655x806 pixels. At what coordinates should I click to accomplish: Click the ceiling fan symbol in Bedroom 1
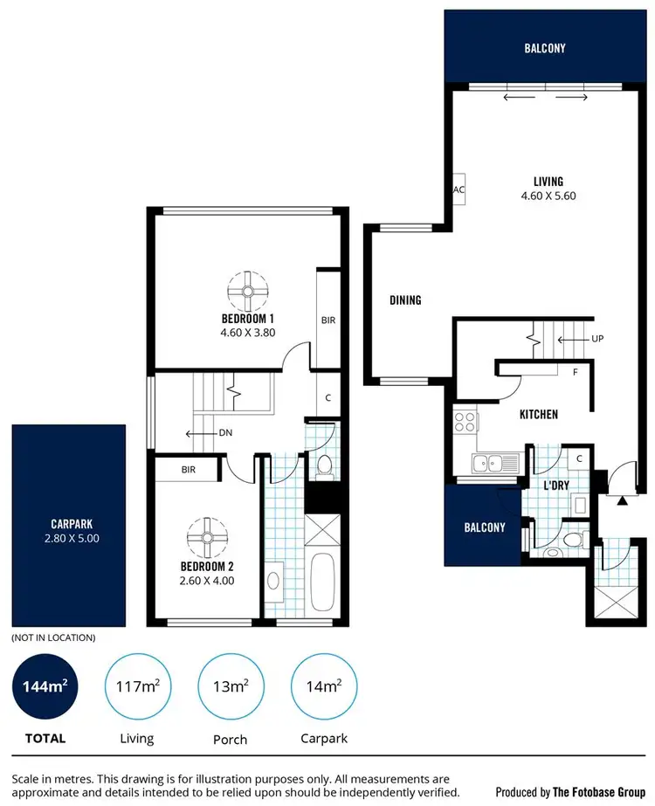pos(248,290)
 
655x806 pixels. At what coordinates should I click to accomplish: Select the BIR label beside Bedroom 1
pos(328,320)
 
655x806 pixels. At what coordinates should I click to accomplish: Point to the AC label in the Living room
pos(458,189)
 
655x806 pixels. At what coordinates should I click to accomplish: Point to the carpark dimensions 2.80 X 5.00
pos(75,539)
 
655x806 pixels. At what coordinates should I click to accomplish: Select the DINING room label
pos(405,300)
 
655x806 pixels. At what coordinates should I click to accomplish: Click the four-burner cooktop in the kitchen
pos(465,422)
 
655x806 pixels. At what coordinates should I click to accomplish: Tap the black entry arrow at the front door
pos(621,502)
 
